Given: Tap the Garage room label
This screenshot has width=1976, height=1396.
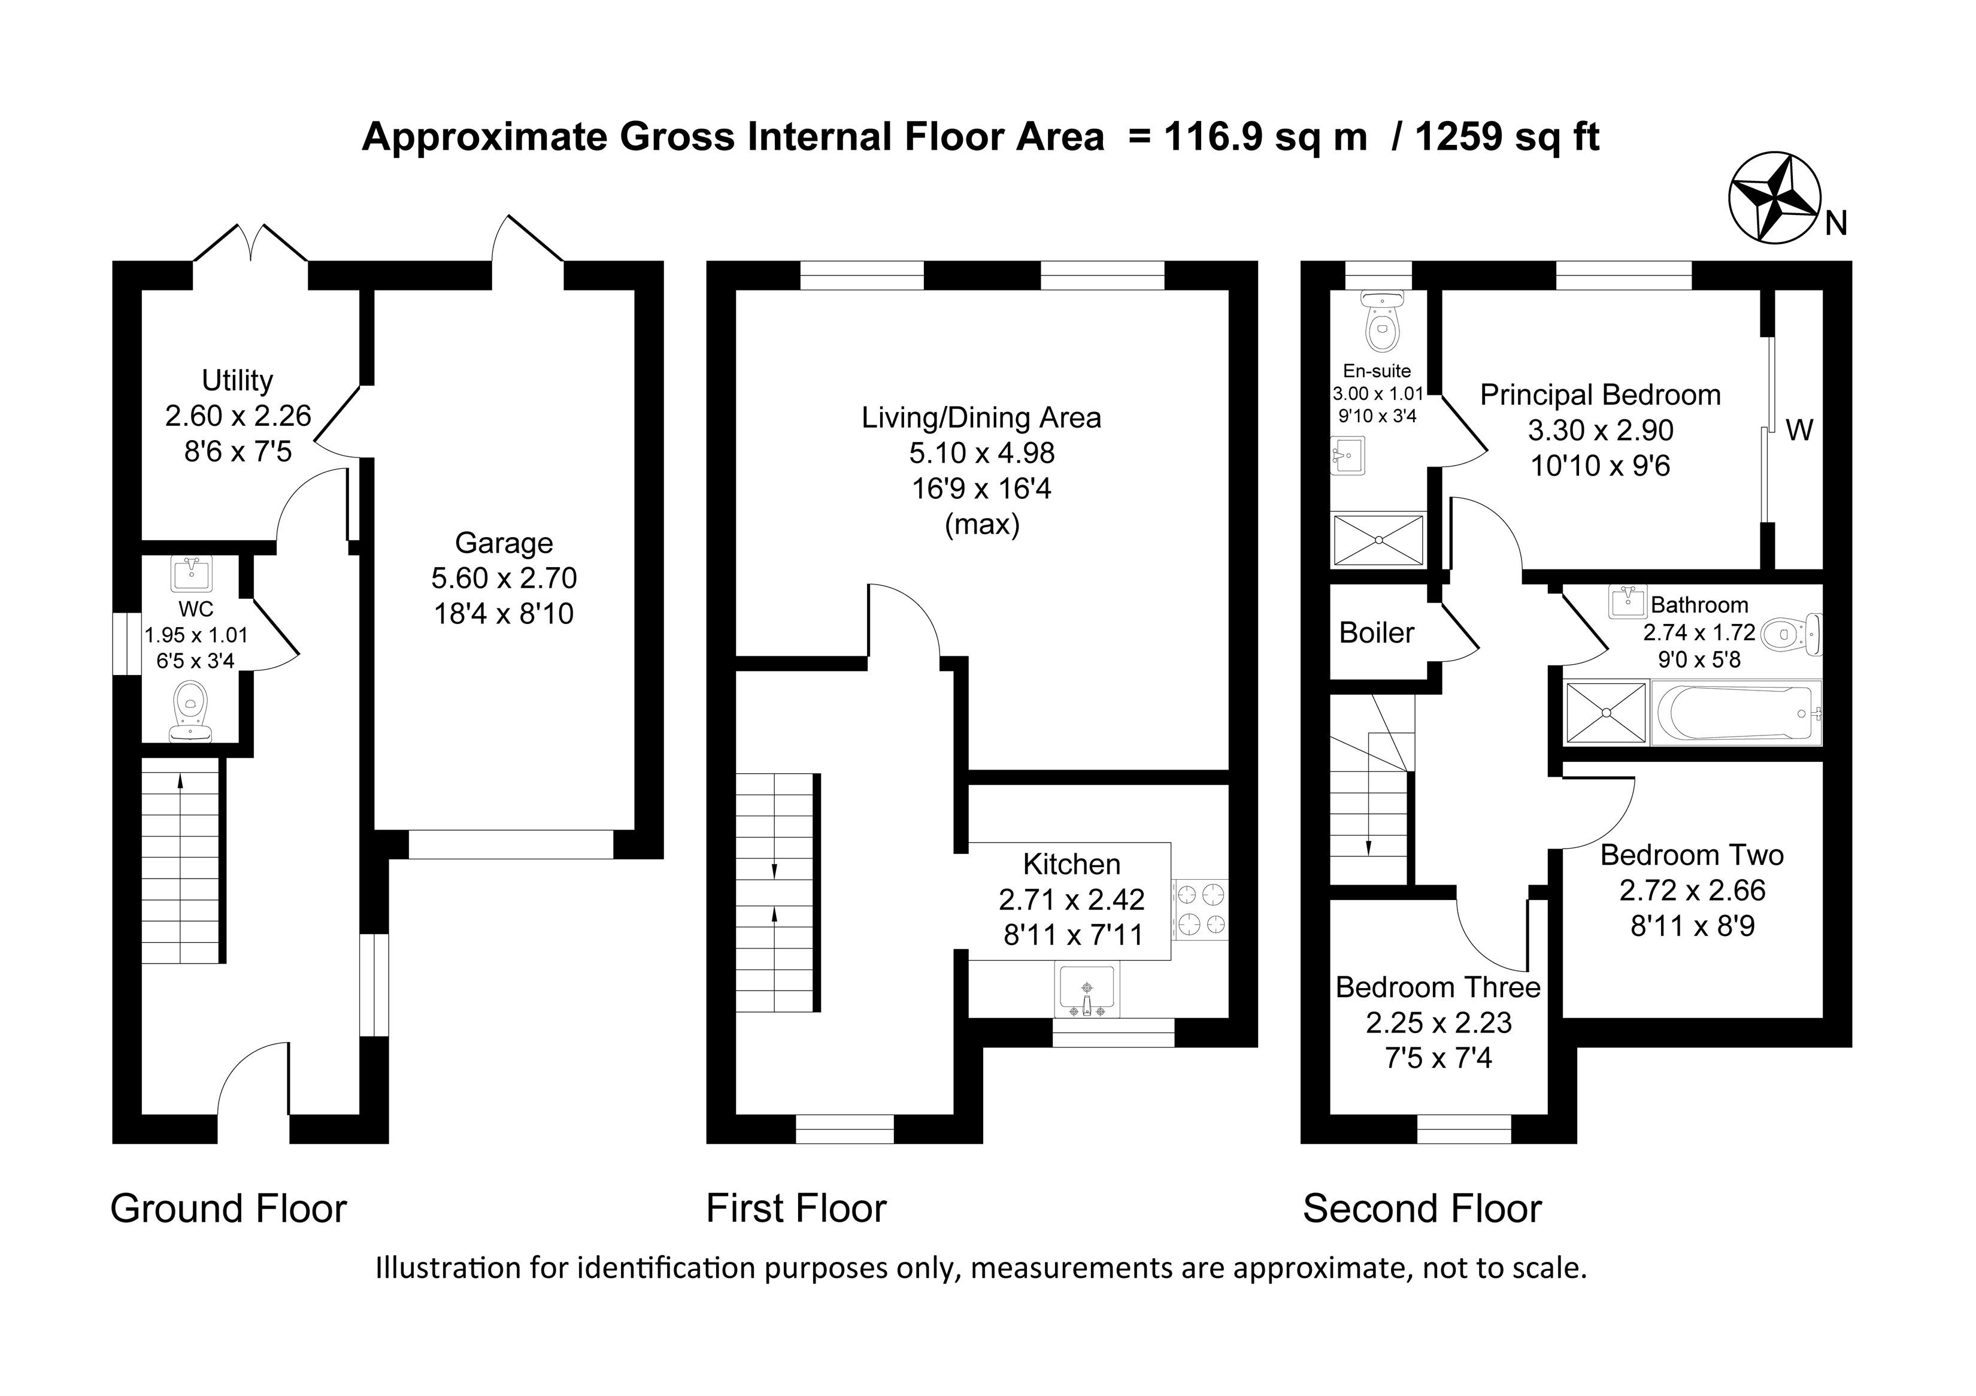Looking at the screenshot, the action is pos(504,543).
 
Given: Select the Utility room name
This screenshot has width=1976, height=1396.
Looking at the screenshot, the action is pos(238,380).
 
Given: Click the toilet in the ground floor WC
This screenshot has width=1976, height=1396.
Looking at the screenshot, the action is pos(191,711).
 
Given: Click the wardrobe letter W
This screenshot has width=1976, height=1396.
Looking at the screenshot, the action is pos(1799,429).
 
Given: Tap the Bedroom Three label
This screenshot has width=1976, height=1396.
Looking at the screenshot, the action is pos(1438,987).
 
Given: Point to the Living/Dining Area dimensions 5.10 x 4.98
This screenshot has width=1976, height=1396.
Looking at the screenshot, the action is pos(982,453).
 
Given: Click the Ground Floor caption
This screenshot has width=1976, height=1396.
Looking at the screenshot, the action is pos(228,1209).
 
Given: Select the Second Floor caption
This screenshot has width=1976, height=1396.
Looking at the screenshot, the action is pos(1422,1209).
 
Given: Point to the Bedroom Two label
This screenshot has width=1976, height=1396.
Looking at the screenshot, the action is pos(1692,855).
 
